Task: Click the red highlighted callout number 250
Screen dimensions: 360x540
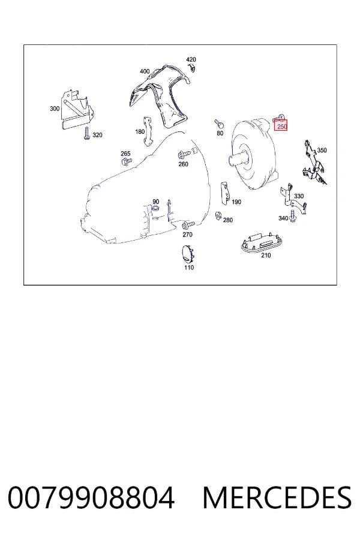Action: [x=282, y=127]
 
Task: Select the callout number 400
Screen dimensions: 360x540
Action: [x=145, y=71]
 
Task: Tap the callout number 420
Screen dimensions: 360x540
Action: [x=191, y=59]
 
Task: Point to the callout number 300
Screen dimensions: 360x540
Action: [x=55, y=109]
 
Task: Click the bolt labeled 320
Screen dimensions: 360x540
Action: [x=86, y=133]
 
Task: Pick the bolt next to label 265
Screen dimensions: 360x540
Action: [x=126, y=161]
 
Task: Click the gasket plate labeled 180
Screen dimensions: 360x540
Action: [x=148, y=131]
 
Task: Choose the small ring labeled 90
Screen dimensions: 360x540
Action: [x=155, y=208]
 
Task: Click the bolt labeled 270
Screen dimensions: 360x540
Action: [x=188, y=225]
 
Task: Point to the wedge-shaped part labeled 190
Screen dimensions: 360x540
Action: [x=226, y=193]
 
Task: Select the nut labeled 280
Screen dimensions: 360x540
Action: [x=218, y=215]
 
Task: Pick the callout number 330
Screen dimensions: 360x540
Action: [x=299, y=196]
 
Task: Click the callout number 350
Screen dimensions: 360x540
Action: [x=322, y=150]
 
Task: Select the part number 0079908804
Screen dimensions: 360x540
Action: [x=91, y=498]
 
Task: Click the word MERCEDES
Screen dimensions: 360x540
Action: [x=277, y=498]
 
